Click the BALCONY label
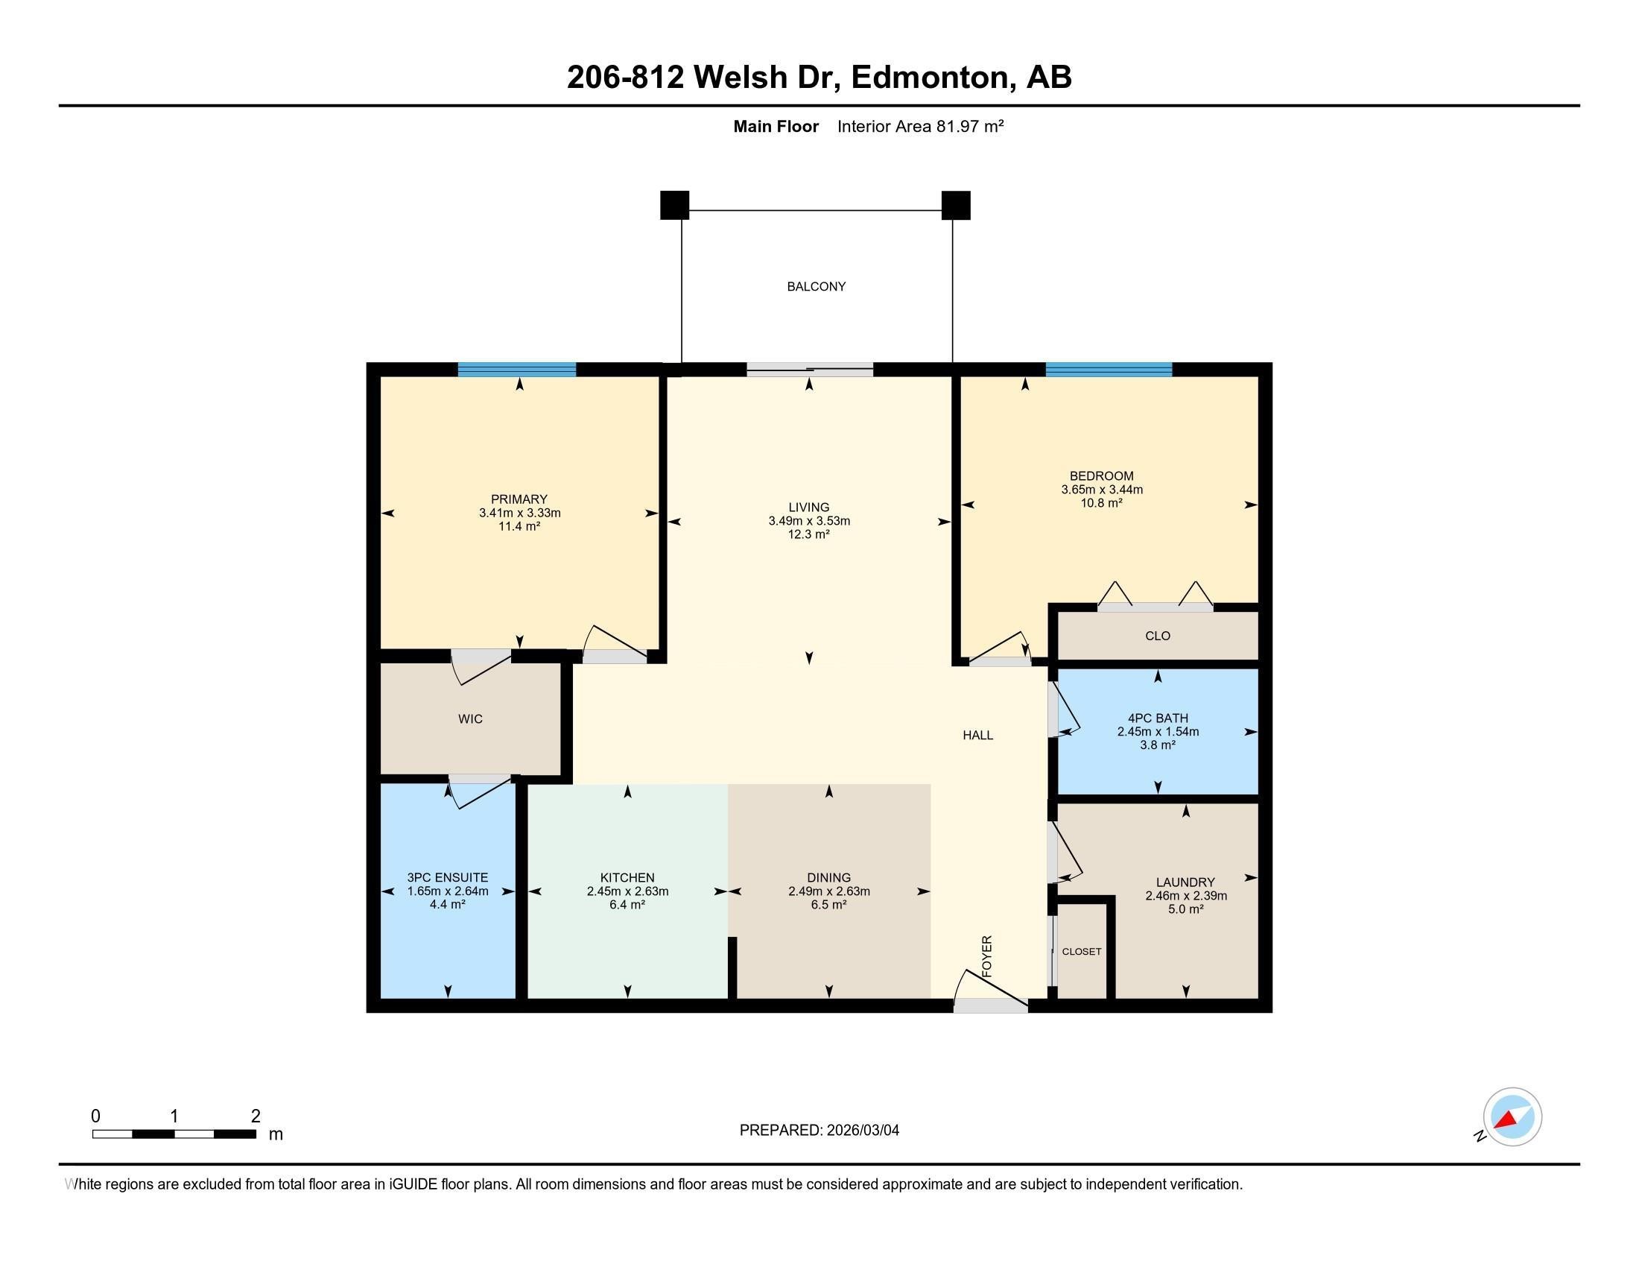816,286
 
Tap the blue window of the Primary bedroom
516,369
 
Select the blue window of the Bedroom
1109,369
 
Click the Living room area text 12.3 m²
808,534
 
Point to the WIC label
470,719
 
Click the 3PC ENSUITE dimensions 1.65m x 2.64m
447,891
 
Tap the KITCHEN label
627,877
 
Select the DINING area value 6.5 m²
828,905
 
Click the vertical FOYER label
987,955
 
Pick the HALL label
978,736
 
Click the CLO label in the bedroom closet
1157,636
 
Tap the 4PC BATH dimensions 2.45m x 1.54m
1157,731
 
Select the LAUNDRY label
1185,882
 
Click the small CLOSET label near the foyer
1082,952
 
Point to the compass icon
1512,1116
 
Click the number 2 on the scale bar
255,1116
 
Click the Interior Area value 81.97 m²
969,126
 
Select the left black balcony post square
674,205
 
